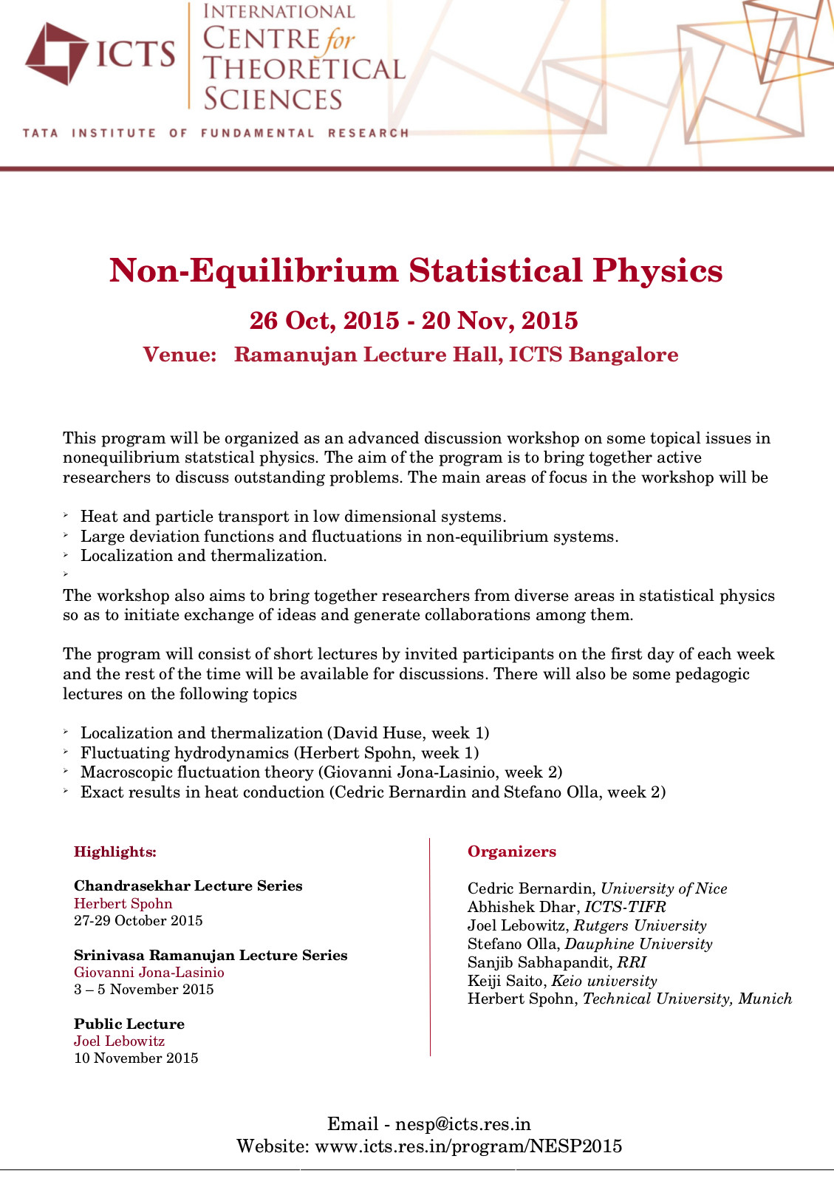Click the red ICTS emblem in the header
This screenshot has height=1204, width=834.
[x=57, y=53]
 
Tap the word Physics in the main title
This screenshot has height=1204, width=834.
[x=657, y=271]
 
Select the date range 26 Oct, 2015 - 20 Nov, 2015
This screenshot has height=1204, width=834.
[x=414, y=321]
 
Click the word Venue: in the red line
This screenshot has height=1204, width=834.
[x=180, y=355]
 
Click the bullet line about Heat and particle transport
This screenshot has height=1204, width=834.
[x=293, y=517]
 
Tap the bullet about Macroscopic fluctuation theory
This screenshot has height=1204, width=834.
[x=321, y=772]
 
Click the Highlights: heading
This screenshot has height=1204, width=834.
[x=115, y=852]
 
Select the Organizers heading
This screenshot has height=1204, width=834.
[x=512, y=852]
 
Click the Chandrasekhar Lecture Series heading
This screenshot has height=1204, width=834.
[x=188, y=886]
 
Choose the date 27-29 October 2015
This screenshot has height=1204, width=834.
[x=138, y=921]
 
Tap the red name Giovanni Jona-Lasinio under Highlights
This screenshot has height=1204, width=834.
[x=149, y=973]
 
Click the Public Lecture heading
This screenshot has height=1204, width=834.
[x=129, y=1024]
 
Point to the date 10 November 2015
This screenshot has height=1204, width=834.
[x=136, y=1058]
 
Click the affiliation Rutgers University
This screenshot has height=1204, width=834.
[x=640, y=925]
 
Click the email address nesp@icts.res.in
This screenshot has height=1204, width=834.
[x=463, y=1124]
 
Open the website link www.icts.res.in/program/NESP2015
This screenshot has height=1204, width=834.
[x=468, y=1146]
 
